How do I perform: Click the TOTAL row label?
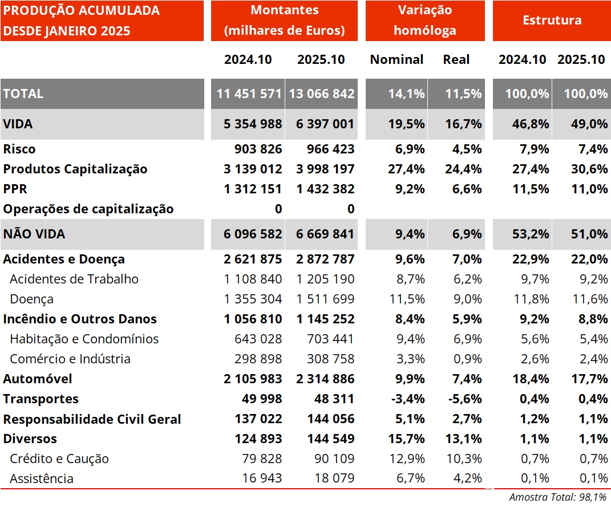click(x=23, y=94)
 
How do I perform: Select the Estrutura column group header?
click(x=552, y=21)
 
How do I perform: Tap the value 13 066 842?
click(x=321, y=94)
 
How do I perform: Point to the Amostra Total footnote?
click(x=557, y=497)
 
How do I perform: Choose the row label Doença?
click(x=32, y=299)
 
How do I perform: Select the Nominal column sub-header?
click(x=396, y=59)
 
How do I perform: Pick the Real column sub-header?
click(x=456, y=59)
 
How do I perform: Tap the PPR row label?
click(x=15, y=189)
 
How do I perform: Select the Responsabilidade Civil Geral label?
click(x=92, y=419)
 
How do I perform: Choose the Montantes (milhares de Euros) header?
click(x=284, y=21)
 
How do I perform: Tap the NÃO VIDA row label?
click(x=34, y=234)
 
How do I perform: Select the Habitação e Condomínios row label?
click(x=84, y=339)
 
